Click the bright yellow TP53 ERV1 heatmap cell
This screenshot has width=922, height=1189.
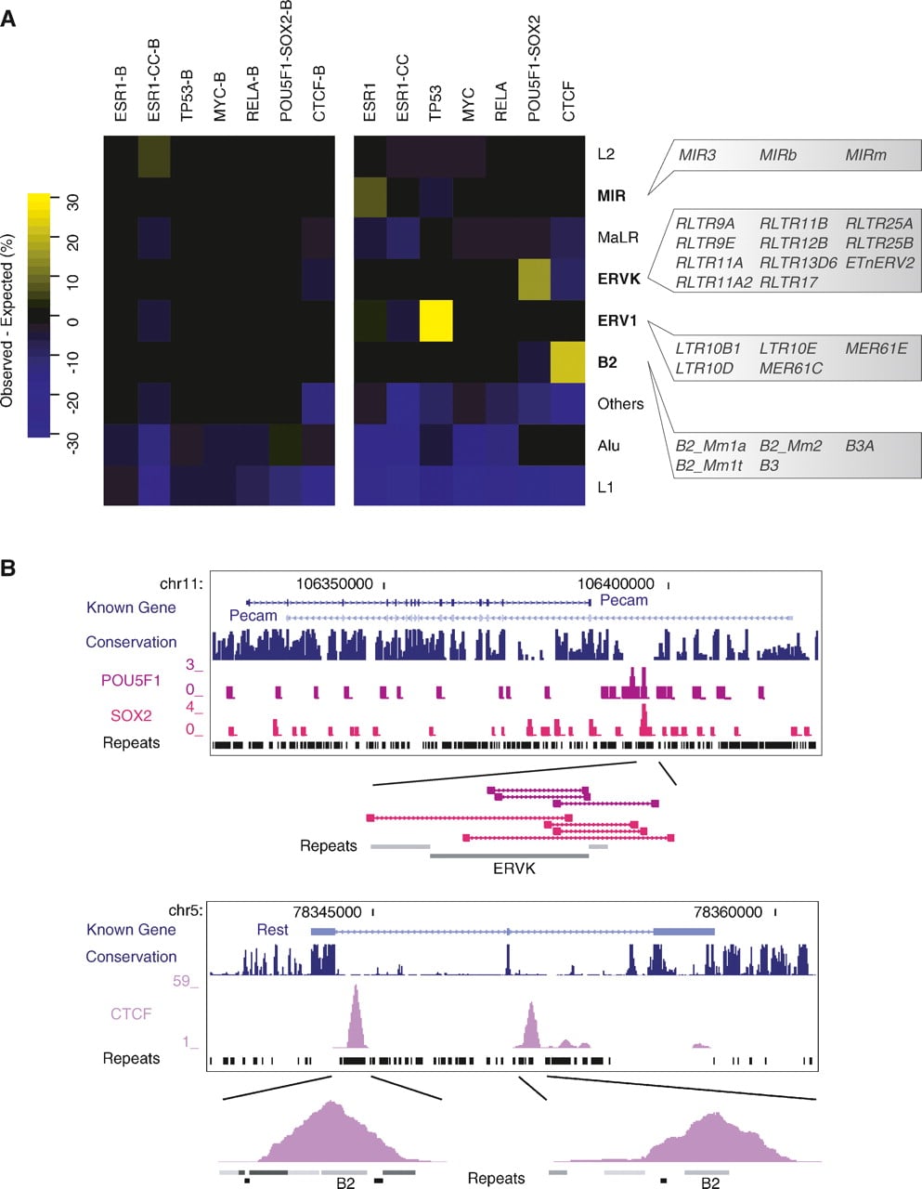tap(435, 320)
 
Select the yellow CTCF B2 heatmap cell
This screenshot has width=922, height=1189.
tap(567, 362)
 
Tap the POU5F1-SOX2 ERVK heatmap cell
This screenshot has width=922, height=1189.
tap(534, 279)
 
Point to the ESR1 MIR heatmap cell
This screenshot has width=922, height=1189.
tap(370, 196)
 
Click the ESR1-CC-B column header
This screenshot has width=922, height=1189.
tap(153, 80)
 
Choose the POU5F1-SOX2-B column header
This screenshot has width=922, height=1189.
tap(285, 60)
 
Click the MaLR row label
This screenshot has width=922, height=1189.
tap(618, 238)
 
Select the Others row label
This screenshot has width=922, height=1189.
tap(620, 404)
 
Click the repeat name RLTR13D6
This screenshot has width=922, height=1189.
tap(798, 263)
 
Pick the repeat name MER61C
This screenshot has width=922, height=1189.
tap(791, 368)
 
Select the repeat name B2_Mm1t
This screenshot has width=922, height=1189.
tap(708, 465)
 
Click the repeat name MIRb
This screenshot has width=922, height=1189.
tap(778, 155)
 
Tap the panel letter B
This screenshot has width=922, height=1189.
tap(8, 568)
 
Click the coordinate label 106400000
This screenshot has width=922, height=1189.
tap(616, 584)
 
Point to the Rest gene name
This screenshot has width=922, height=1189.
tap(272, 930)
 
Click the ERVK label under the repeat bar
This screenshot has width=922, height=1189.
tap(514, 869)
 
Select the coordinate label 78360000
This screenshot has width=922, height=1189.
tap(728, 912)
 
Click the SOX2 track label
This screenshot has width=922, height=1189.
tap(131, 715)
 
